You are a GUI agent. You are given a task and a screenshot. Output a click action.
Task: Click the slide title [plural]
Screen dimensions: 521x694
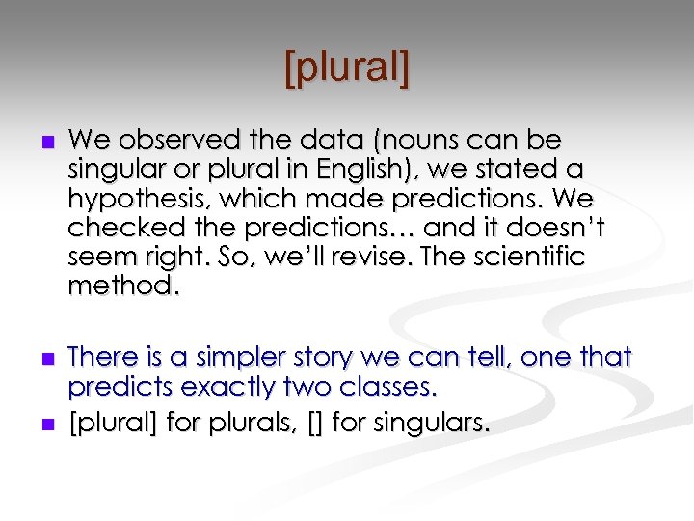coord(347,69)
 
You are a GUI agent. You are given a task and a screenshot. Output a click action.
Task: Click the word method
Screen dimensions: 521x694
coord(112,288)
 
